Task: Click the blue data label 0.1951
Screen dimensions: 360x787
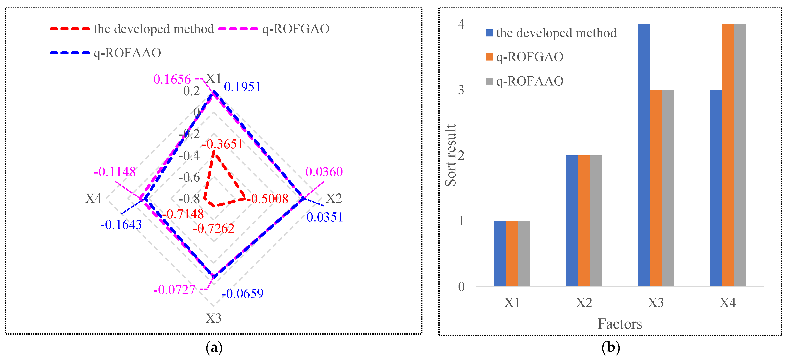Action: pos(242,87)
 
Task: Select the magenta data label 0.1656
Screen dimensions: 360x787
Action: pos(172,79)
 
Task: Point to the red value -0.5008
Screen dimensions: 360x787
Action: pos(268,199)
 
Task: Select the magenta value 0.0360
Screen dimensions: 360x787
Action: pos(324,172)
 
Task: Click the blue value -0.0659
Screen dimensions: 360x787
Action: pos(243,294)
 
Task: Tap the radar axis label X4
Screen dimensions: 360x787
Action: pos(93,198)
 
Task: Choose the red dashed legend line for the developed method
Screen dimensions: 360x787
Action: pos(70,29)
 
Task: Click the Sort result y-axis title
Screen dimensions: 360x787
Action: pos(450,155)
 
